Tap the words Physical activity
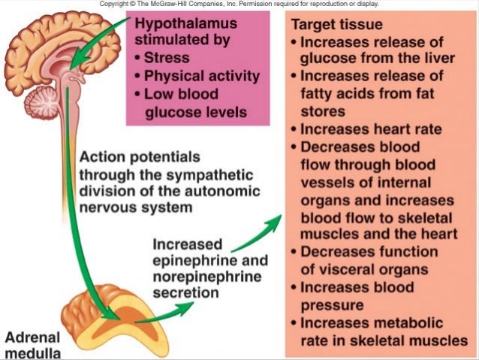[201, 76]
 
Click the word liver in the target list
[438, 58]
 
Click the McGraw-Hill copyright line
[239, 4]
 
